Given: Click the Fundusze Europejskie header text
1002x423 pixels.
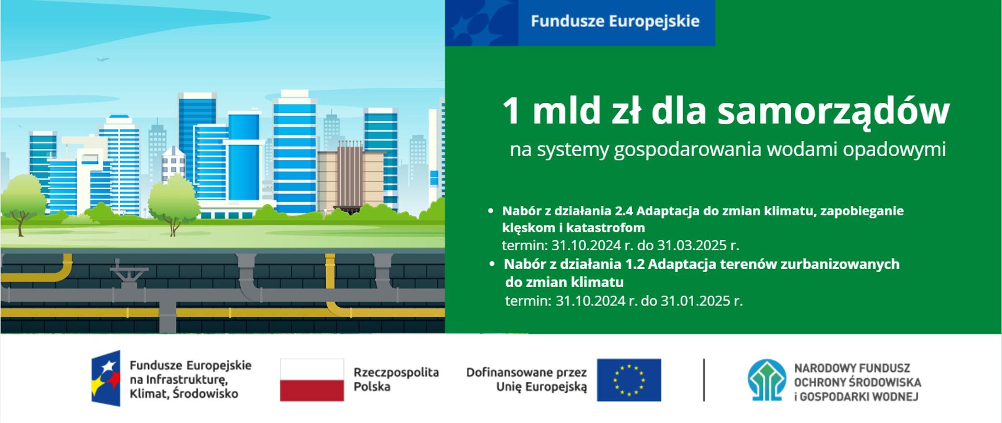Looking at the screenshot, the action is (615, 21).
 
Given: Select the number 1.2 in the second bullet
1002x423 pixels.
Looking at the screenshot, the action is (634, 264).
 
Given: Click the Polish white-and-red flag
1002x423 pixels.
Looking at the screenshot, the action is (312, 380).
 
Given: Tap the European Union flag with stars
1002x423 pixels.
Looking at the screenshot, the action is (629, 380).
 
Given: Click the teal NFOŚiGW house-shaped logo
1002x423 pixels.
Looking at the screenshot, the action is (767, 380).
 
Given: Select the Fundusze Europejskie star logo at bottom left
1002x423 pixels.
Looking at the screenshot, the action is (106, 378).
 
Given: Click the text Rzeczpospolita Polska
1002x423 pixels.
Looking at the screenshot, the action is (396, 380).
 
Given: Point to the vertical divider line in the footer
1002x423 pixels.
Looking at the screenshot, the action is (704, 380).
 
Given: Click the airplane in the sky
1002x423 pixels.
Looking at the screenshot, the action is (103, 60).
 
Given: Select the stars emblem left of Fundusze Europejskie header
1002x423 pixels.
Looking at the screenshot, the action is (481, 23).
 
